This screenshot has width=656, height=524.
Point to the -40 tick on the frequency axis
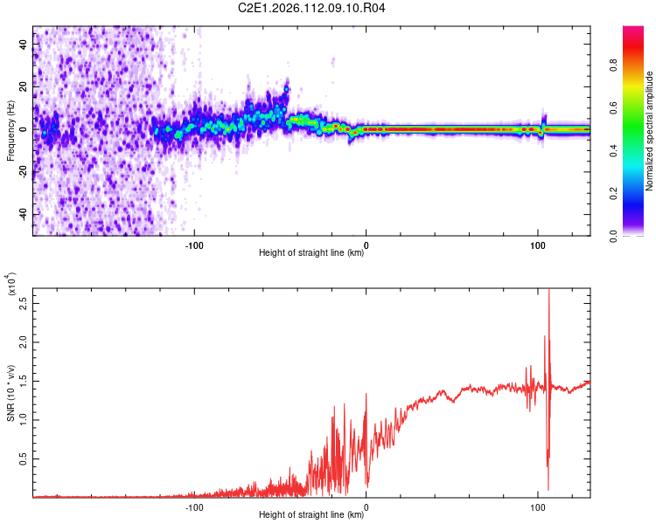pyautogui.click(x=23, y=214)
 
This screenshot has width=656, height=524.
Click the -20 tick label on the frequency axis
pyautogui.click(x=23, y=171)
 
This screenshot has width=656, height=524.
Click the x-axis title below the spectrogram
pyautogui.click(x=311, y=252)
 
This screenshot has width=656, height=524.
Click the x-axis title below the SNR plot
pyautogui.click(x=311, y=514)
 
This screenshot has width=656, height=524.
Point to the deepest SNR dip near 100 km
pyautogui.click(x=548, y=489)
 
